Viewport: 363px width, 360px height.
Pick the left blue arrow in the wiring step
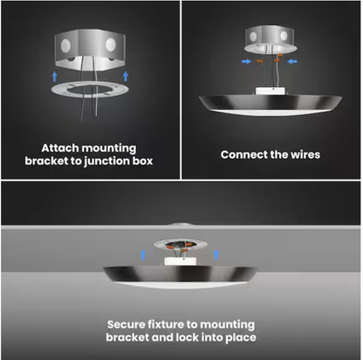pos(248,61)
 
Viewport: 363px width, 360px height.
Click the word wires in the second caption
pos(301,154)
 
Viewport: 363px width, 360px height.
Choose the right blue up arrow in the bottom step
pos(202,255)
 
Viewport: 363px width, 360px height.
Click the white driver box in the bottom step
pos(184,255)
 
